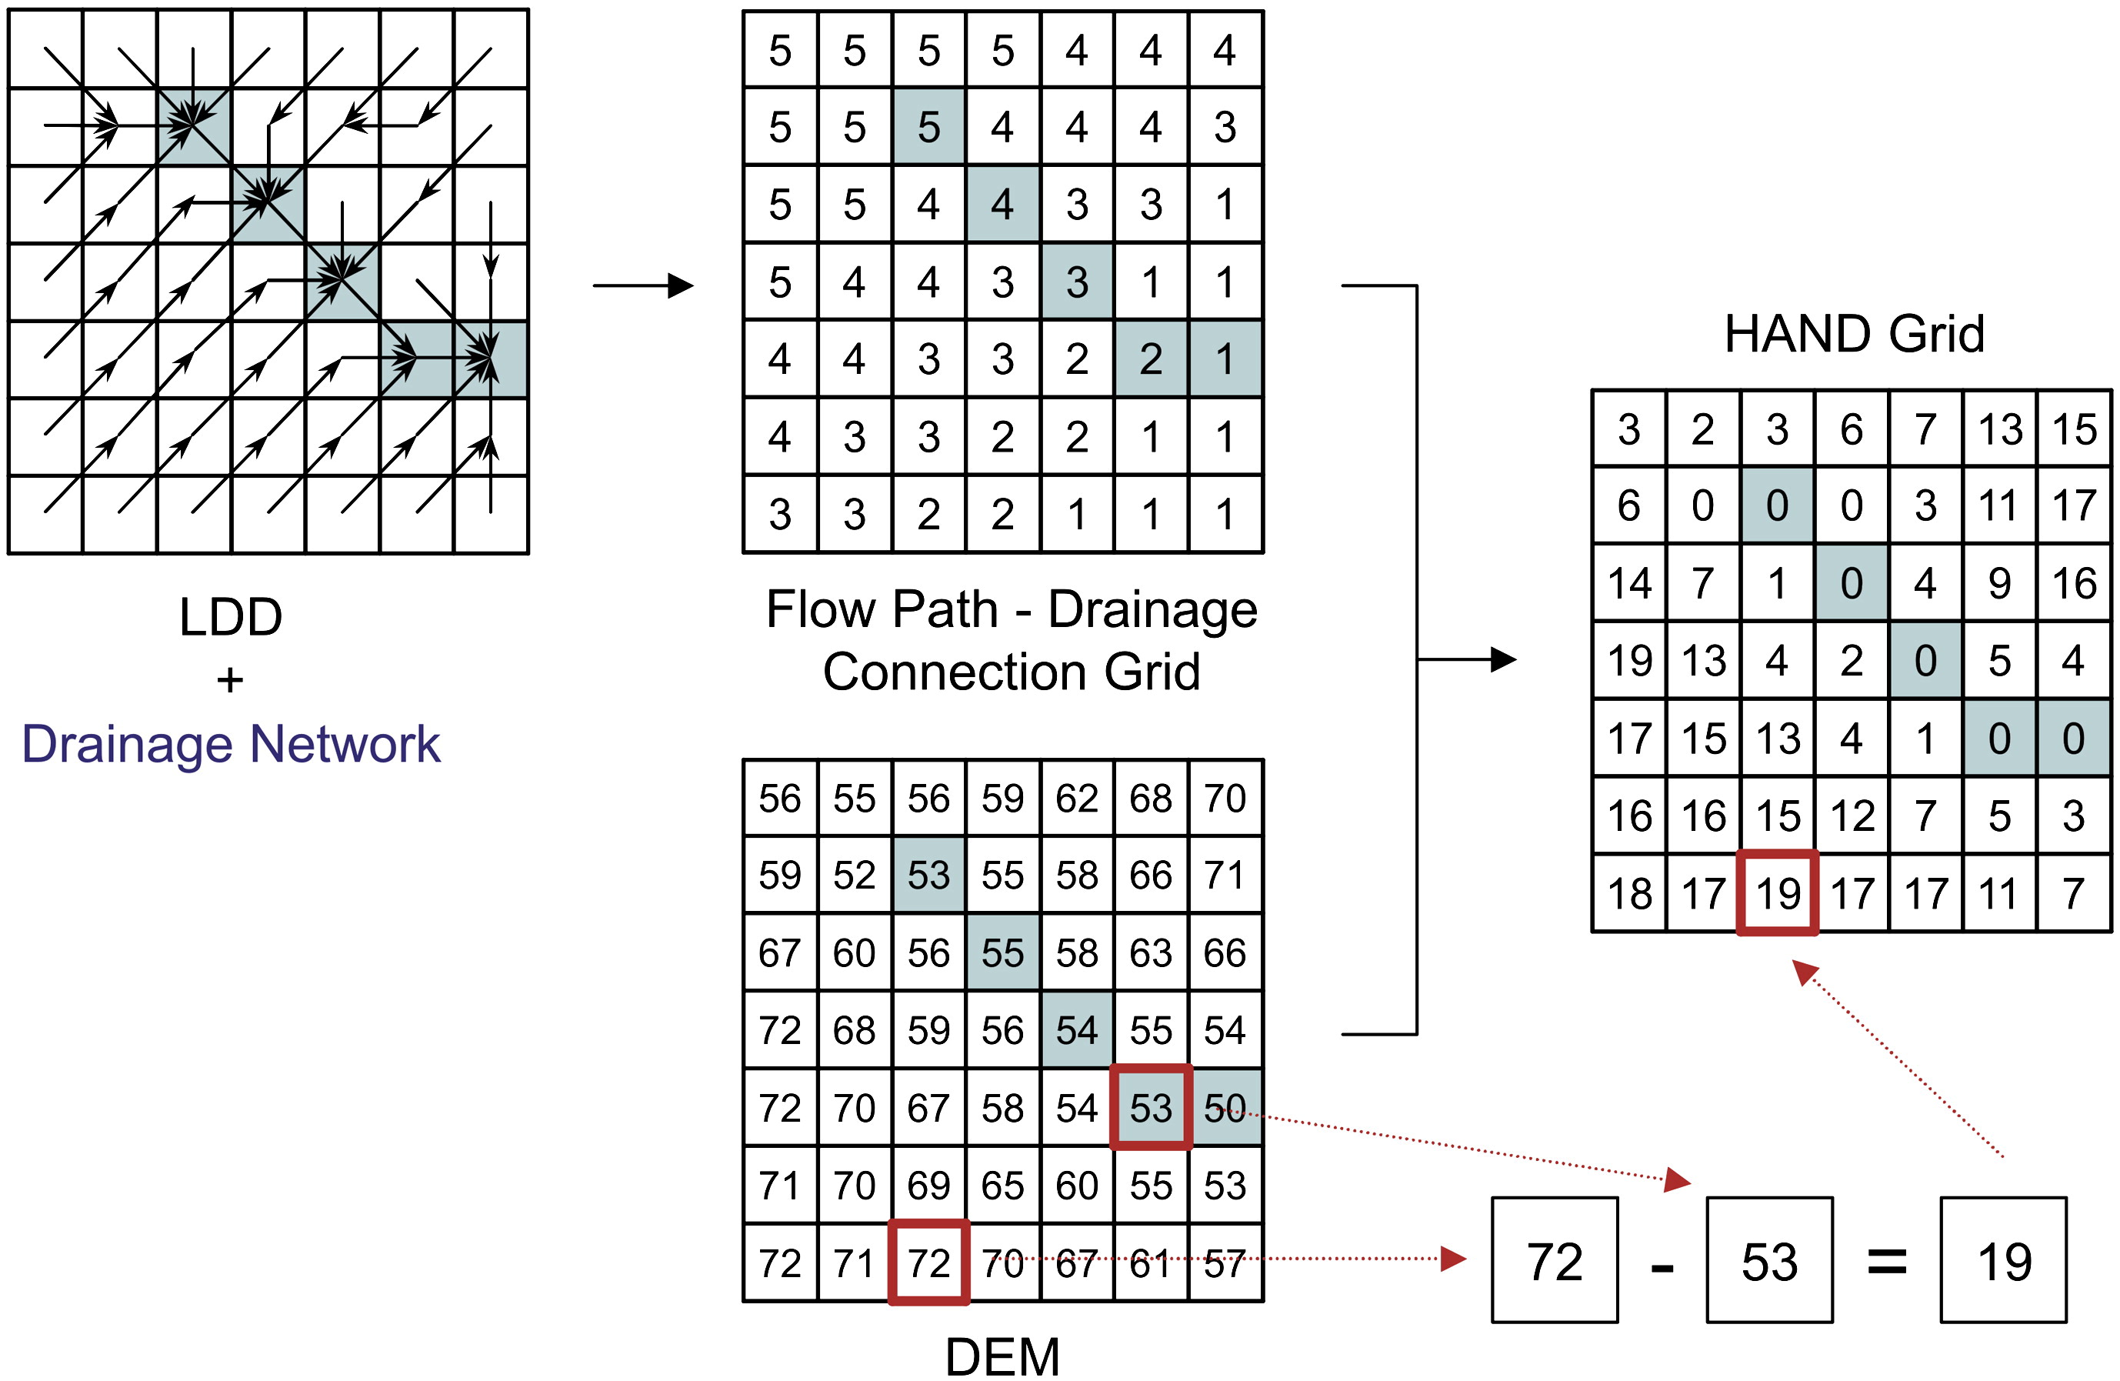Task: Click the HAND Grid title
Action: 1854,334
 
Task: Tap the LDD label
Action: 231,616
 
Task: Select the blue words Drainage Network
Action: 231,744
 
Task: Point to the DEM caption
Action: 1002,1357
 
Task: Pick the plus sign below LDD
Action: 230,681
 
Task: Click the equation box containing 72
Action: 1555,1261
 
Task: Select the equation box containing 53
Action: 1769,1261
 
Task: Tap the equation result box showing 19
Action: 2003,1261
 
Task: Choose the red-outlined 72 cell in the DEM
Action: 929,1263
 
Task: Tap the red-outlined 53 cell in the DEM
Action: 1151,1107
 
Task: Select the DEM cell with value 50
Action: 1225,1107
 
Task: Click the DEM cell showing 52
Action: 855,875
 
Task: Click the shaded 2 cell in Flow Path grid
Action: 1151,359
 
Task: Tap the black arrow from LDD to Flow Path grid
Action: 643,286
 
